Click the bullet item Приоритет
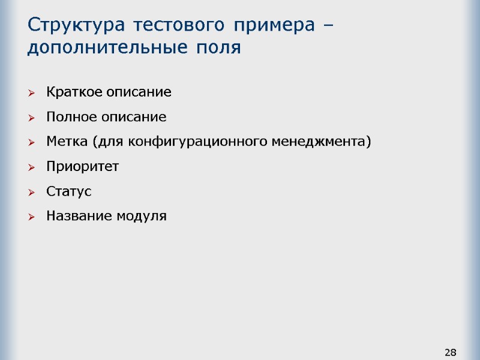point(82,167)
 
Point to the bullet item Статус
point(68,191)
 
